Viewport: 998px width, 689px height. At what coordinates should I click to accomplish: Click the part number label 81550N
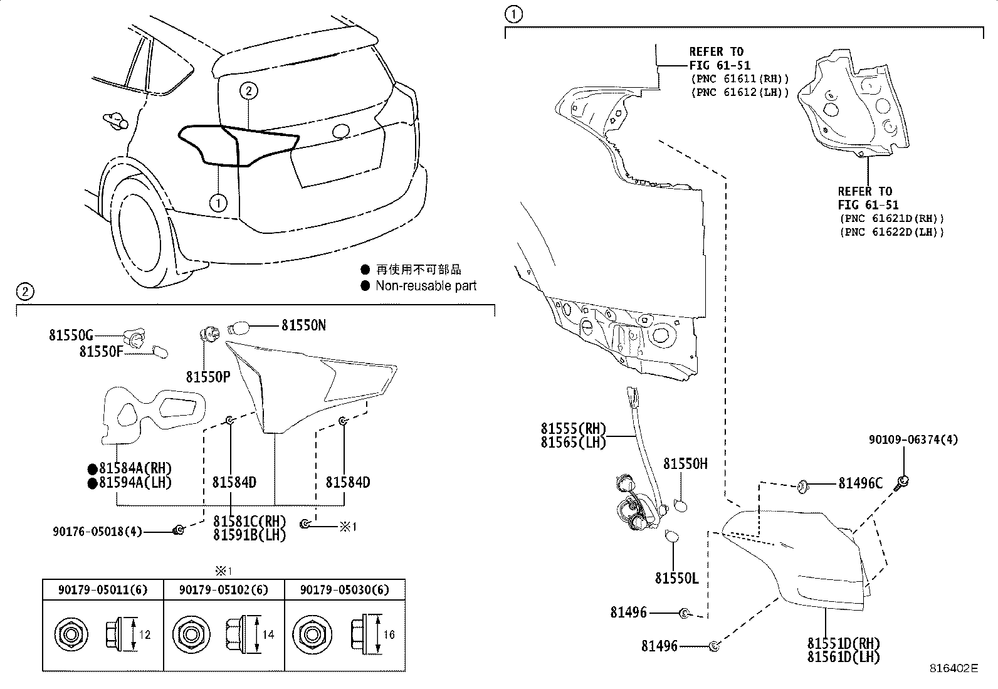coord(303,325)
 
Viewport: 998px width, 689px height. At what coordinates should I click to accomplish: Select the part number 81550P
coord(207,377)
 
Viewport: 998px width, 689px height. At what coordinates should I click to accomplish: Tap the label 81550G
coord(71,335)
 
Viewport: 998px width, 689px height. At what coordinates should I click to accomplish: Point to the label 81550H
coord(685,463)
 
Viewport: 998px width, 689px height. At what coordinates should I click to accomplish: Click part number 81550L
coord(676,578)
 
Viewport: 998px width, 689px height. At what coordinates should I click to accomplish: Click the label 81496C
coord(860,483)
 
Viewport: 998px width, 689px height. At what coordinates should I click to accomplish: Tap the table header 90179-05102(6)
coord(224,590)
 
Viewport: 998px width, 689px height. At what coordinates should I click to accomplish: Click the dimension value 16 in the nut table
coord(389,634)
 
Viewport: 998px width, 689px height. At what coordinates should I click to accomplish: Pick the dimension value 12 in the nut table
coord(145,634)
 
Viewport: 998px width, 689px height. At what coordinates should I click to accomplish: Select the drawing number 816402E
coord(953,668)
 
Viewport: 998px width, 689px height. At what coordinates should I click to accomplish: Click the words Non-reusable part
coord(426,286)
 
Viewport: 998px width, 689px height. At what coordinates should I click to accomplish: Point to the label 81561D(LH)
coord(843,657)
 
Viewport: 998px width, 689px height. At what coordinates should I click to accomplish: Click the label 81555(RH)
coord(574,429)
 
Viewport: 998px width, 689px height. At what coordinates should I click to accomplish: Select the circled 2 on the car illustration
coord(248,92)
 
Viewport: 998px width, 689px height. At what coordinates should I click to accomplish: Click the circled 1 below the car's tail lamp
coord(218,202)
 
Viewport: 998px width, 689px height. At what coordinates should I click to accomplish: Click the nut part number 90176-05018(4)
coord(97,532)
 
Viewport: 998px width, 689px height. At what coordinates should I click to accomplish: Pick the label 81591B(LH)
coord(249,535)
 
